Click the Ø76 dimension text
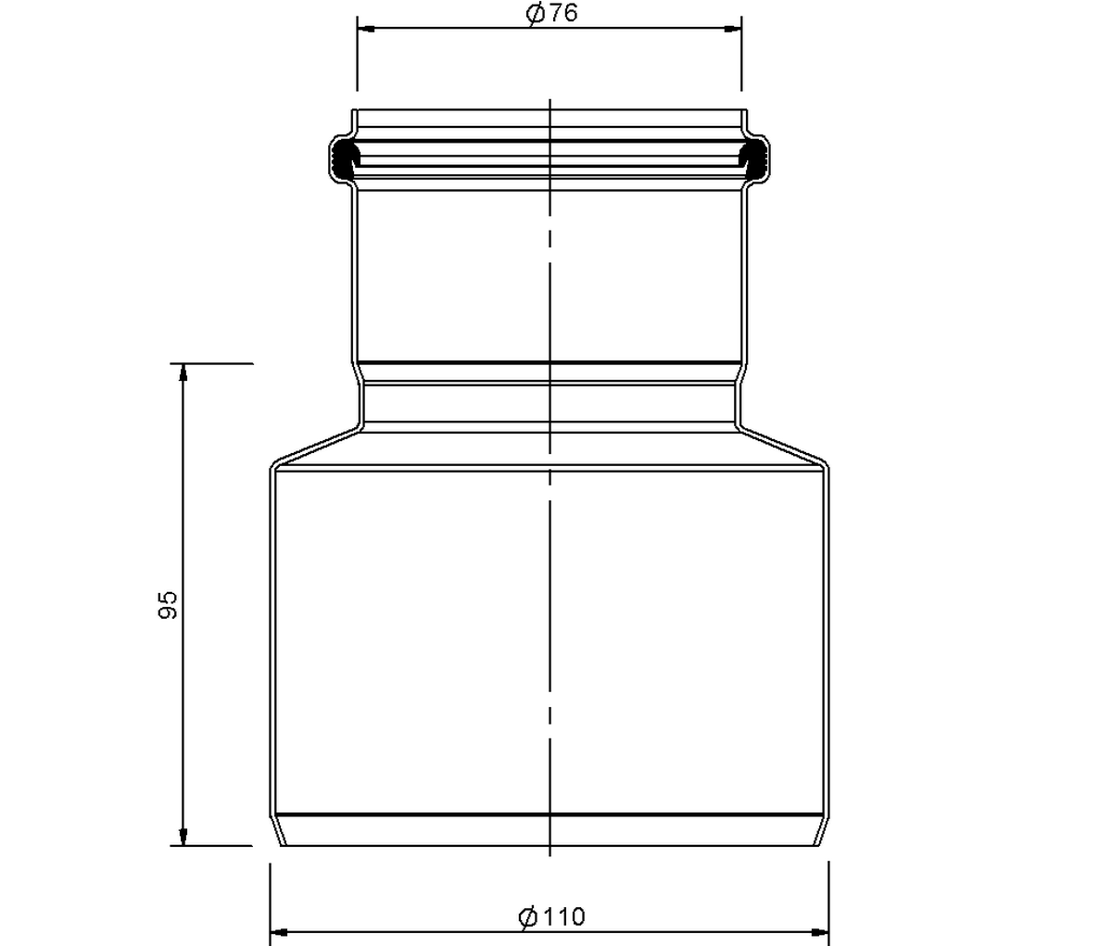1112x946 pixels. coord(551,13)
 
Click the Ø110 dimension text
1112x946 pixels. coord(551,916)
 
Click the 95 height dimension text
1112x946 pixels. coord(168,605)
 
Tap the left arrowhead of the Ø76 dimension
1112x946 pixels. coord(366,29)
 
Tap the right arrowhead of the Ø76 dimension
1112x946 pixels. coord(733,29)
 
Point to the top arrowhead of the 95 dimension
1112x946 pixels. coord(183,372)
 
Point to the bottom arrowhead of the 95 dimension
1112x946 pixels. coord(183,837)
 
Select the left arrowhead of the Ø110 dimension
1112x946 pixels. coord(279,932)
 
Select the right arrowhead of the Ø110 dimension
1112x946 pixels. coord(819,932)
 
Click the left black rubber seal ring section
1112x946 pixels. coord(345,157)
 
